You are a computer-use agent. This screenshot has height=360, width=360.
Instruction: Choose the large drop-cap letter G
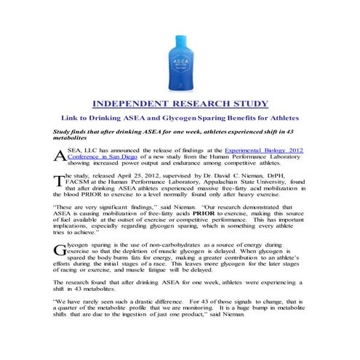pos(60,249)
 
